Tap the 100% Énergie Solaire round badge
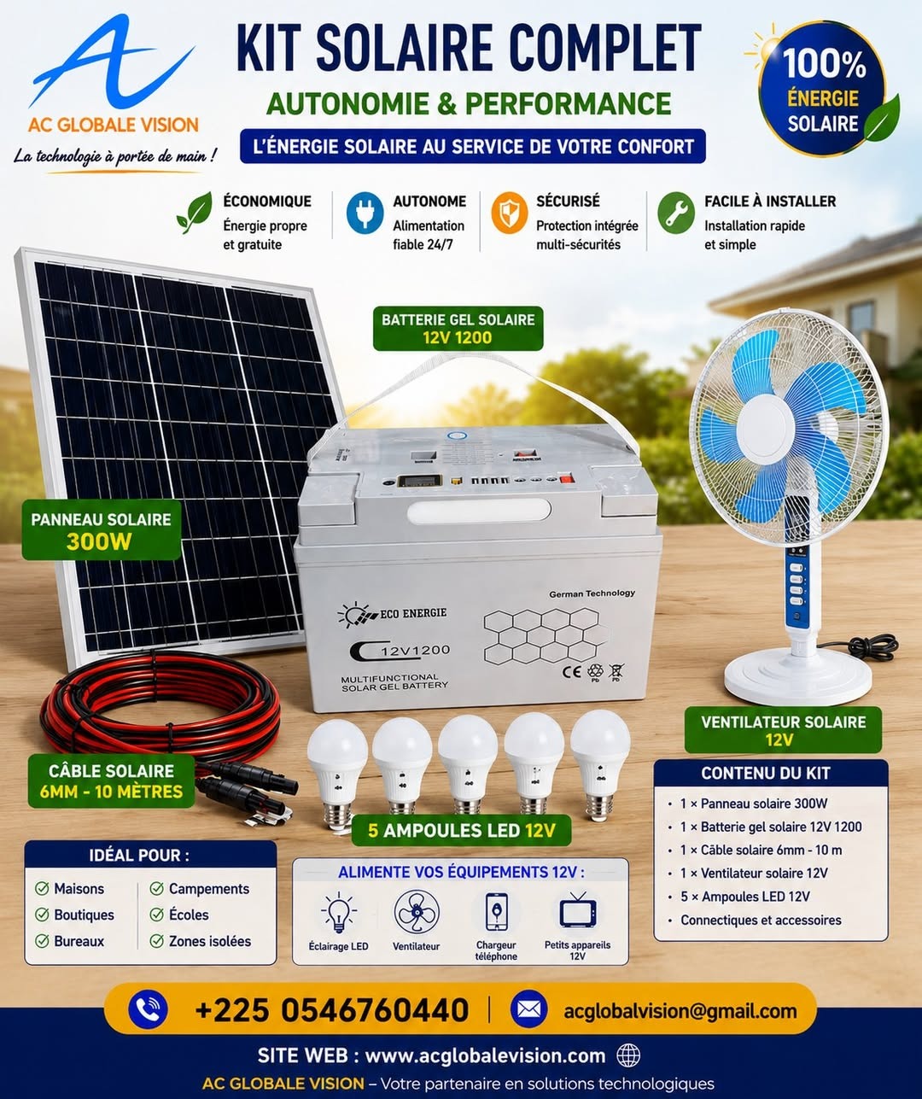822,90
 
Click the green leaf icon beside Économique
194,213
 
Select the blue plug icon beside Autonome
365,213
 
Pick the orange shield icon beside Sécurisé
510,213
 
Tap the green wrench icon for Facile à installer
676,213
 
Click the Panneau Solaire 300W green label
102,530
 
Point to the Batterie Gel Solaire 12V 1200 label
458,329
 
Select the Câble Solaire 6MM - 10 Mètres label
112,781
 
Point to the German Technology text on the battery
592,593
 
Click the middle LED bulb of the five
467,768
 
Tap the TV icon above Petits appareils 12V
578,911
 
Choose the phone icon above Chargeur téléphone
496,911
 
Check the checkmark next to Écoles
157,915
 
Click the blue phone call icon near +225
148,1009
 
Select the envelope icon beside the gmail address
529,1009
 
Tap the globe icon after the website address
628,1055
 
